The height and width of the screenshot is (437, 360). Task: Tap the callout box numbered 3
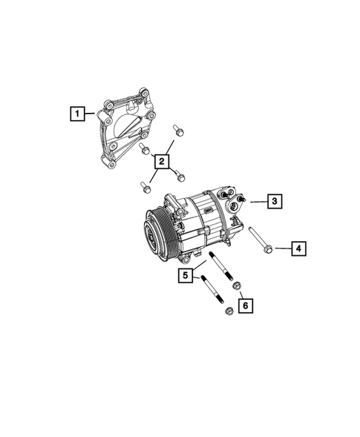click(274, 200)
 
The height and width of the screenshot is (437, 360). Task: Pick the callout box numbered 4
click(298, 248)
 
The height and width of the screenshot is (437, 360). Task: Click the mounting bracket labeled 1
click(122, 130)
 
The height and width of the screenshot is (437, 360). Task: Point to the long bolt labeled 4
click(259, 238)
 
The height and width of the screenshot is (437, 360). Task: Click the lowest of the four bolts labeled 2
click(141, 185)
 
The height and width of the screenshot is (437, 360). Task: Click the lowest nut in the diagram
click(229, 312)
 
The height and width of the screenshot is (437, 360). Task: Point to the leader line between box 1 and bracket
click(90, 114)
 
